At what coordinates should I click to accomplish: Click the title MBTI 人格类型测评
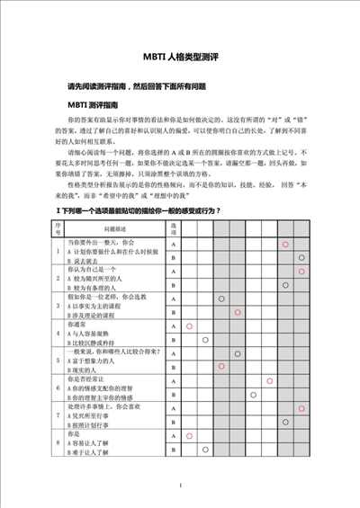(180, 57)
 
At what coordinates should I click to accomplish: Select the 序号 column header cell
(58, 227)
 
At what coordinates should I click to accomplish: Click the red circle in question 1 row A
(285, 245)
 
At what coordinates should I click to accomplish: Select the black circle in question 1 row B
(301, 258)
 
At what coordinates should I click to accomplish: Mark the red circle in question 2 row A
(301, 272)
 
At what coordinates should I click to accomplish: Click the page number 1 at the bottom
(180, 486)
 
